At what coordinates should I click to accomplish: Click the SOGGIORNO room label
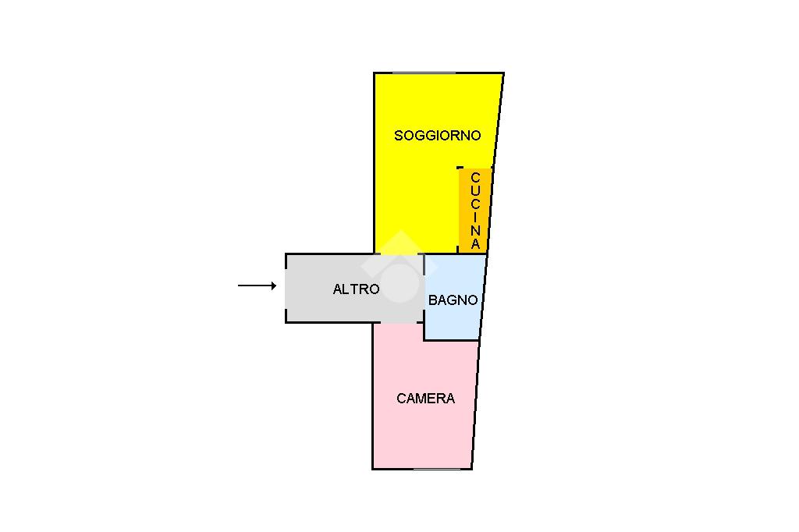(437, 136)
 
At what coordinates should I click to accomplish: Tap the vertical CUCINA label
(475, 211)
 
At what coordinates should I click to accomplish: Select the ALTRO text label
(356, 289)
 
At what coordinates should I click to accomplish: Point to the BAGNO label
(453, 300)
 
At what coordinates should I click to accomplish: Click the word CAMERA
(425, 399)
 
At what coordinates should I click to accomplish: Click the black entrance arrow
(257, 286)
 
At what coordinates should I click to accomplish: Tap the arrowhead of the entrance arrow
(273, 286)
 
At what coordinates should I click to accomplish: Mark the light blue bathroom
(453, 324)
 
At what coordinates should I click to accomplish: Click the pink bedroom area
(421, 437)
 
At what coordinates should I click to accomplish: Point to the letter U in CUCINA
(475, 191)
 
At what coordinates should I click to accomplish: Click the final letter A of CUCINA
(475, 243)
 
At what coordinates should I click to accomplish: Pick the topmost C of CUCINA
(475, 178)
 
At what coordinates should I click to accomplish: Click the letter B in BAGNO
(433, 300)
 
